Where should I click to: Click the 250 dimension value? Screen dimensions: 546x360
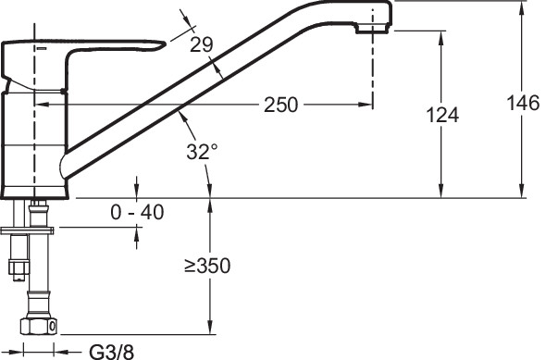pos(281,105)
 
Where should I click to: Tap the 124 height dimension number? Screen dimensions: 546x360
pos(442,115)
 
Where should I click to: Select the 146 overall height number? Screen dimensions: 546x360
pos(523,103)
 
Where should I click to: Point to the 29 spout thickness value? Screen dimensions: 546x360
pos(201,44)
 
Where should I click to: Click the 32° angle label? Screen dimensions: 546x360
pos(202,152)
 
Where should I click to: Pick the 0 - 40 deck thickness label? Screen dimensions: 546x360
pos(137,212)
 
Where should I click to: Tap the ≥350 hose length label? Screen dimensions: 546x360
pos(207,266)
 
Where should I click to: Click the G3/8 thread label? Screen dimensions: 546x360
pos(112,352)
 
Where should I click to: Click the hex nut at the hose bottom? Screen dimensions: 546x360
pos(38,326)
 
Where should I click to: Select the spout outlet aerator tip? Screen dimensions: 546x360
pos(373,29)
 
